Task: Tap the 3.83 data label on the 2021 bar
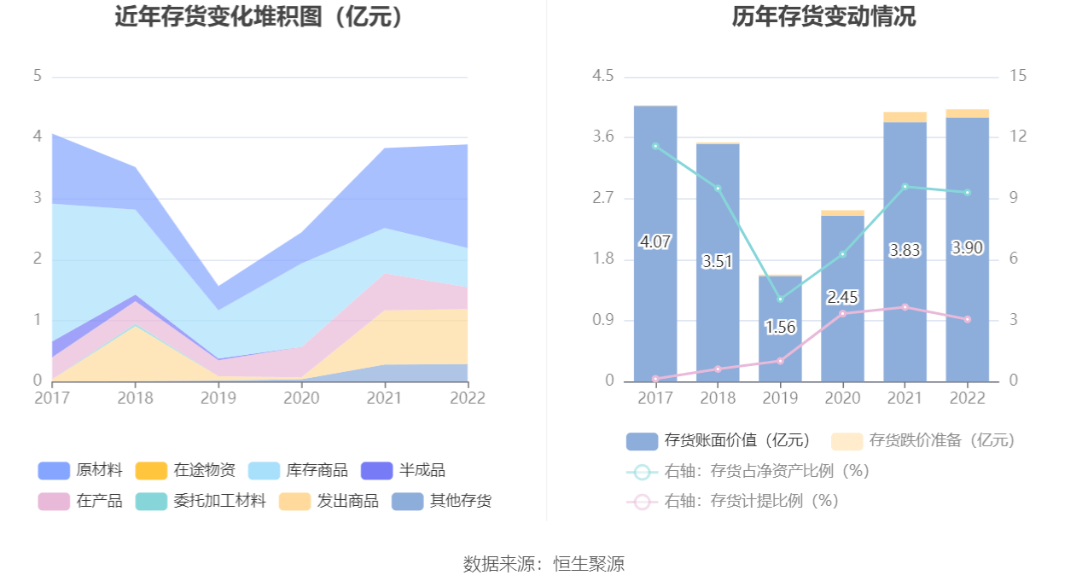(x=905, y=250)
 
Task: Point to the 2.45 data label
(x=842, y=298)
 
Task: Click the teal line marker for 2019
(x=780, y=299)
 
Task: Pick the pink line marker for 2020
(x=842, y=313)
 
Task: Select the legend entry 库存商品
(x=298, y=470)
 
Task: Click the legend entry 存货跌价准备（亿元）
(x=923, y=440)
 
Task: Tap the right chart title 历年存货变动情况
(x=823, y=16)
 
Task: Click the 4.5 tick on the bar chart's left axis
(x=603, y=77)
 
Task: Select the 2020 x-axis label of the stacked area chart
(x=301, y=398)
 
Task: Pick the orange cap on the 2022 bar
(x=967, y=113)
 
